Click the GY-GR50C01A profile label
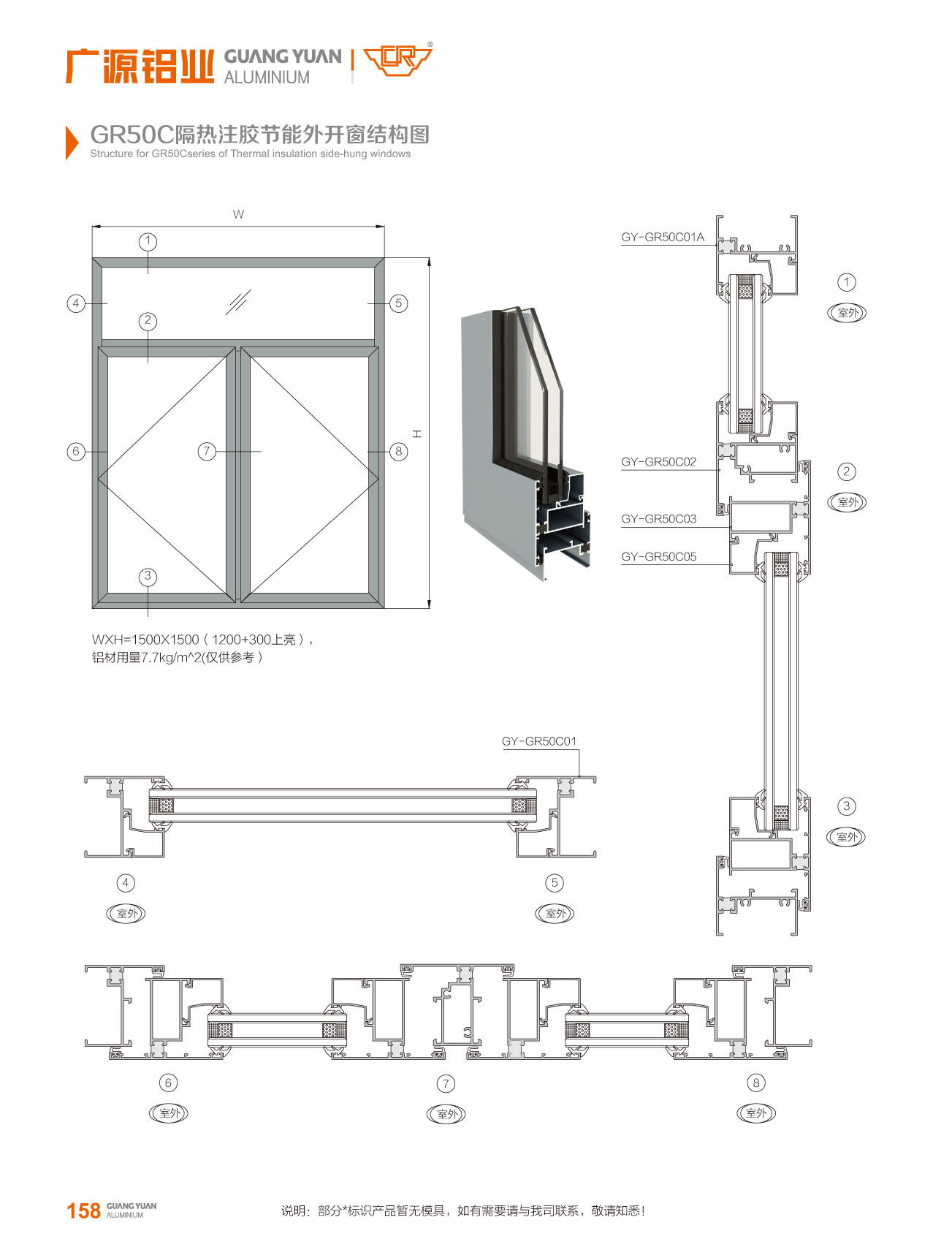(663, 237)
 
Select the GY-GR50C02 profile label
(658, 462)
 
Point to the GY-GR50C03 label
(658, 519)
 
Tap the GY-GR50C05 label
(658, 557)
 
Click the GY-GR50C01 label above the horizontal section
(539, 741)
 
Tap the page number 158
(83, 1210)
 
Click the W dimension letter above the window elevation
(238, 214)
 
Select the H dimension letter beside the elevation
(416, 433)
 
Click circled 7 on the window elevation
(207, 451)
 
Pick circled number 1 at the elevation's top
(148, 241)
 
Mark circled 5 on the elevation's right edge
(398, 303)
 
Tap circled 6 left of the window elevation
(76, 451)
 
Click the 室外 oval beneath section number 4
(126, 913)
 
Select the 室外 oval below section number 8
(756, 1113)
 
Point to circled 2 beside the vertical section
(846, 471)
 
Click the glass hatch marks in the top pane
(238, 301)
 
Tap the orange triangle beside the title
(72, 142)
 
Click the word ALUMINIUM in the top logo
(267, 77)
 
